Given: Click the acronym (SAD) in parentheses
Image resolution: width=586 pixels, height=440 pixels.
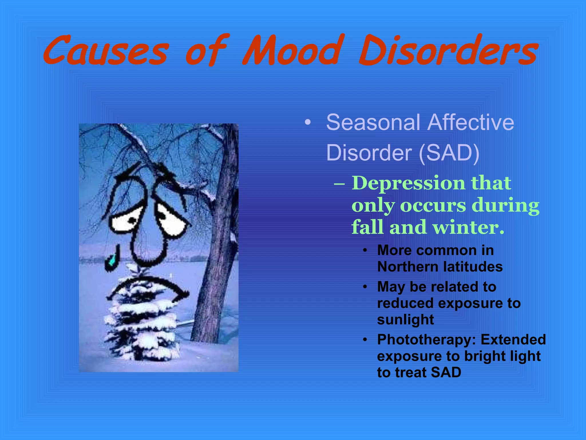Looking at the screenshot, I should click(449, 153).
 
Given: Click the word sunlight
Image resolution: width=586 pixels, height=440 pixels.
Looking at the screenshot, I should click(405, 320).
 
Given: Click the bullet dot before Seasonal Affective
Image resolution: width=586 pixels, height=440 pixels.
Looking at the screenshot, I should click(308, 123).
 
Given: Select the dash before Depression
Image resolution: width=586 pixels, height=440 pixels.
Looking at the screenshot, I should click(339, 183).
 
